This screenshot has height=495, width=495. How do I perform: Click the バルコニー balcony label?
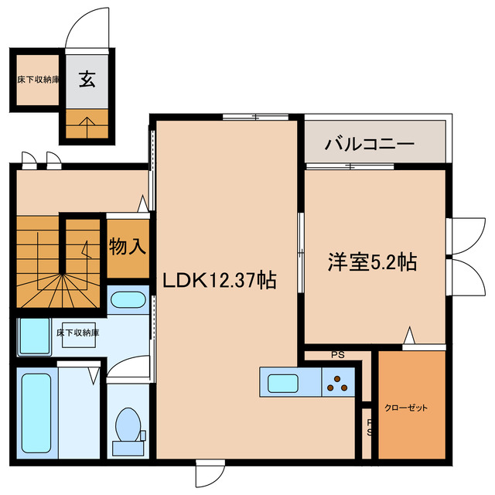(x=370, y=144)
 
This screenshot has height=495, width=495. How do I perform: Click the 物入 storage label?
(x=128, y=247)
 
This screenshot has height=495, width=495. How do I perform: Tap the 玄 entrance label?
(x=87, y=79)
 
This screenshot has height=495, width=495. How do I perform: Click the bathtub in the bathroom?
(x=36, y=415)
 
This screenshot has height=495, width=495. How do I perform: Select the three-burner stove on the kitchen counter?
(x=338, y=382)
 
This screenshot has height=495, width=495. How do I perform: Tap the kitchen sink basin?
(x=288, y=382)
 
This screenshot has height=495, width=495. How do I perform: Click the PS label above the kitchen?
(x=337, y=356)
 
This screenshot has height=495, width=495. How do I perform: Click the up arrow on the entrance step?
(x=87, y=121)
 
